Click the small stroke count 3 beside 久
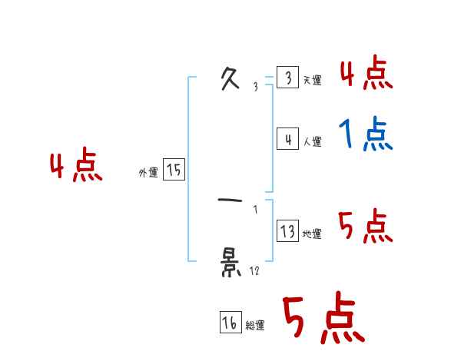(x=256, y=87)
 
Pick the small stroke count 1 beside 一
(x=256, y=209)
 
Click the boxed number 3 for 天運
(x=287, y=78)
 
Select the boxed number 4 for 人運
(x=287, y=139)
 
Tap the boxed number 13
(x=287, y=231)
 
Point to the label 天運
(x=312, y=80)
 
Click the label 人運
(x=312, y=141)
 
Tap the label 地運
(x=312, y=233)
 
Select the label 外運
(x=148, y=173)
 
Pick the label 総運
(x=255, y=326)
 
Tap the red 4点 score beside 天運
(x=366, y=74)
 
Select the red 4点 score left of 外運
(x=76, y=167)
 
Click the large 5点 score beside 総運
(x=321, y=319)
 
